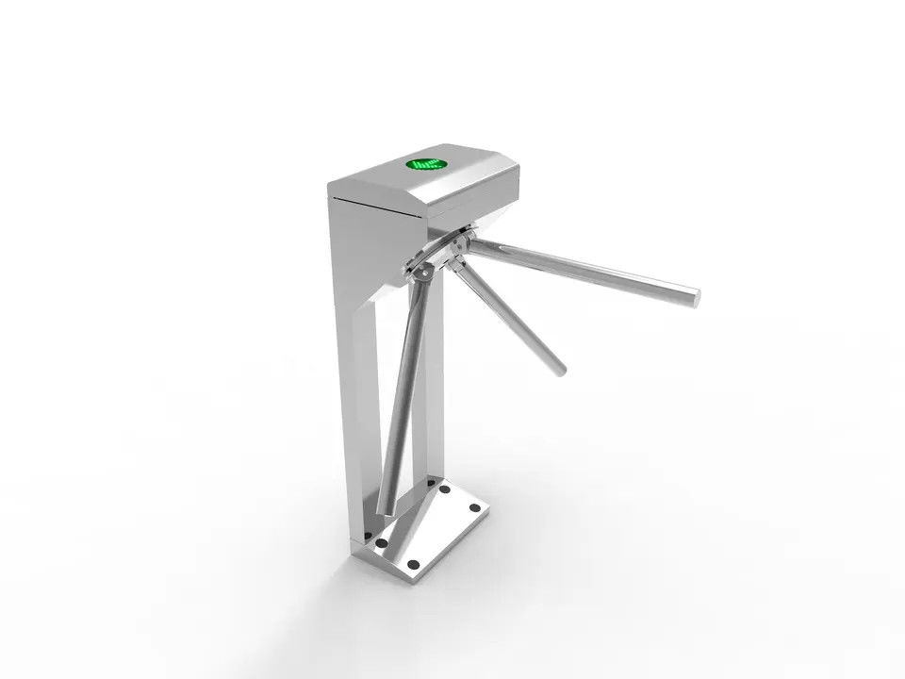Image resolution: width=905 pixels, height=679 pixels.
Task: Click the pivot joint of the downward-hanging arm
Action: coord(422,274)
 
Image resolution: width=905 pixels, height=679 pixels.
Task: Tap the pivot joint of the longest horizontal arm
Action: coord(461,247)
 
